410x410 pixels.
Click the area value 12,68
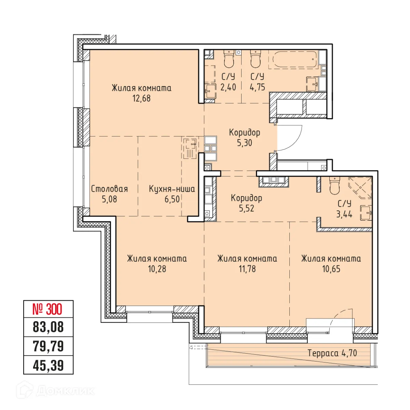(141, 98)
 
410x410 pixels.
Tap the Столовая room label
(109, 189)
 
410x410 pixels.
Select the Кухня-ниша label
(172, 189)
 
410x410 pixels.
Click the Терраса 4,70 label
(332, 353)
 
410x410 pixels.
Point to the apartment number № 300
(48, 310)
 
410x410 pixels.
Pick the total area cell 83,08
(48, 327)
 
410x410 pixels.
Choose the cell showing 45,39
(48, 366)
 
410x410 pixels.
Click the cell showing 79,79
(48, 346)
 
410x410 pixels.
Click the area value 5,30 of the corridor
(245, 143)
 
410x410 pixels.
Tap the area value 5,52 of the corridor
(246, 208)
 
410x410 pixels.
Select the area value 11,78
(247, 269)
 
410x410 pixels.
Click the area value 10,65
(331, 269)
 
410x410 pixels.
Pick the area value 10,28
(157, 269)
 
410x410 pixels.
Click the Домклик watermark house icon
(27, 390)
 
